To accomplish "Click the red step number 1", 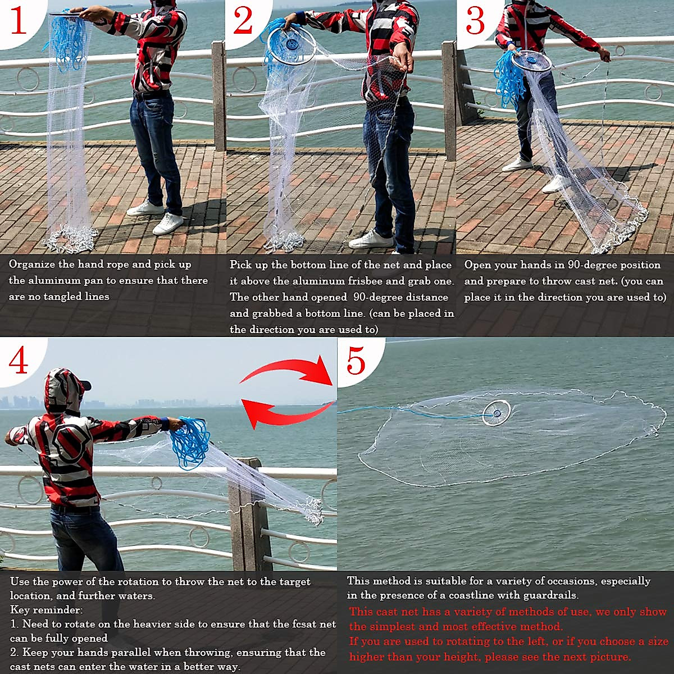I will point(19,21).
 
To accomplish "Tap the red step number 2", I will point(243,21).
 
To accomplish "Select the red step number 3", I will point(475,21).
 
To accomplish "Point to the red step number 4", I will point(19,361).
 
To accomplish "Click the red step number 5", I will point(356,361).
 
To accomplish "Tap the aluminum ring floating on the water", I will point(496,413).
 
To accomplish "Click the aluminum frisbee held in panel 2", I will point(290,45).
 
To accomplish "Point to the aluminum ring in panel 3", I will point(531,60).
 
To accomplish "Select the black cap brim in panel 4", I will point(85,385).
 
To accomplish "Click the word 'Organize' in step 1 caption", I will point(33,264).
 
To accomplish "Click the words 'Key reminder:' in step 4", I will point(46,610).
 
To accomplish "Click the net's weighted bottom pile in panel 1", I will point(70,239).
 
